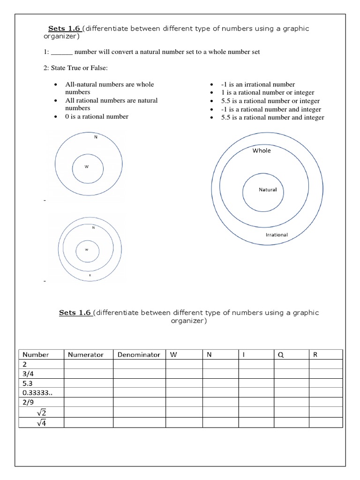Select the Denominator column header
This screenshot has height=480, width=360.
(139, 355)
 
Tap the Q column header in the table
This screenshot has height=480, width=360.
(281, 355)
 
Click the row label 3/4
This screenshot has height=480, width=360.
(29, 374)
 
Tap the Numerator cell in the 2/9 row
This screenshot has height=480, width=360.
(88, 402)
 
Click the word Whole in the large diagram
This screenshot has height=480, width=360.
(262, 150)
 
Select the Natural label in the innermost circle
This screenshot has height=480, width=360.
(268, 190)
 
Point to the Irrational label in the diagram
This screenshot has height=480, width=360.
(277, 234)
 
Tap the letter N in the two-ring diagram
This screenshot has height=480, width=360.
(96, 137)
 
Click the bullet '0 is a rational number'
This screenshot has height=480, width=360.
(97, 116)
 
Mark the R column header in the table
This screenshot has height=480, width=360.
(315, 355)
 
